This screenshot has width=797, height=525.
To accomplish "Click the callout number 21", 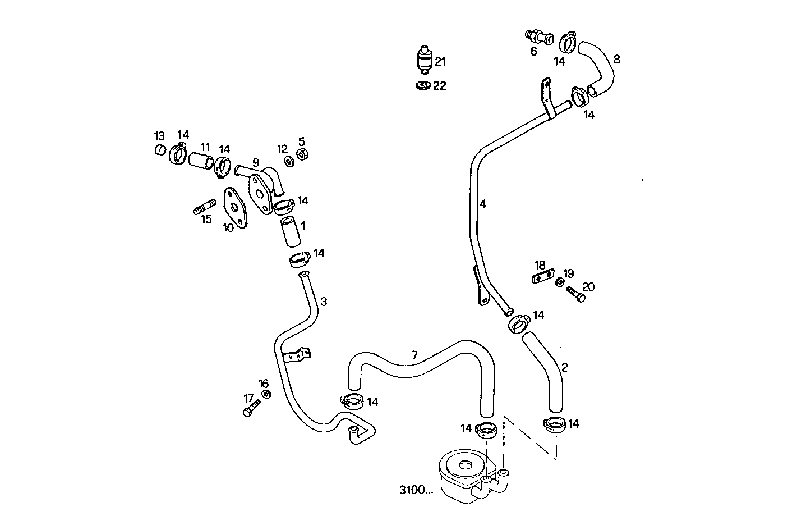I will (440, 62).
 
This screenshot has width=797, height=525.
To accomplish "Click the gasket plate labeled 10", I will (235, 208).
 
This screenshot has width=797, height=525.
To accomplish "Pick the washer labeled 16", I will (266, 394).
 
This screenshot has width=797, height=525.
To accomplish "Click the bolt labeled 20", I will (575, 294).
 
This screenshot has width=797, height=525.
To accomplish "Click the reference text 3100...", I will (416, 490).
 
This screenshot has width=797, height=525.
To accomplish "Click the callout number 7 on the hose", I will (414, 355).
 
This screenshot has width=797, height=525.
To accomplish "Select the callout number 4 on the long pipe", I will (482, 204).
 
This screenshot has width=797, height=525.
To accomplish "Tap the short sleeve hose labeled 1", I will (291, 233).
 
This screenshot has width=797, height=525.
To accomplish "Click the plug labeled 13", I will (160, 150).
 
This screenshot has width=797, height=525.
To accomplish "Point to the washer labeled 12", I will (289, 161).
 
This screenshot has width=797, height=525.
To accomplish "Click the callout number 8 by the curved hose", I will (616, 59).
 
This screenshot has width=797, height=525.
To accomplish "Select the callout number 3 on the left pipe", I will (324, 302).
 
